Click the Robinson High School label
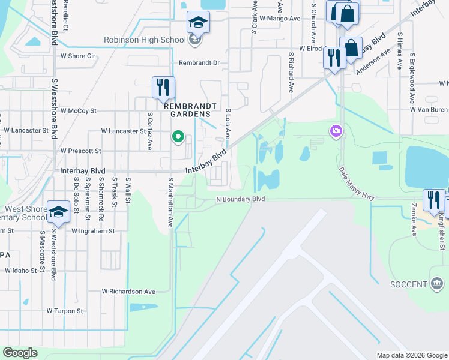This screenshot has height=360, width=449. tap(144, 40)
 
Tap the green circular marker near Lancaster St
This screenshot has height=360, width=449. tap(178, 137)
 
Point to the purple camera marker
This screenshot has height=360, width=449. tap(335, 130)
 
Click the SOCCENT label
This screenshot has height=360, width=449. tap(408, 284)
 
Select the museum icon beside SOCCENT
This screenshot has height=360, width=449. tap(436, 283)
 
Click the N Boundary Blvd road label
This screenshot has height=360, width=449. tap(241, 199)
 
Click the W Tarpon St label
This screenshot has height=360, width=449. tap(65, 311)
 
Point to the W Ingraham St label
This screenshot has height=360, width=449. tap(92, 230)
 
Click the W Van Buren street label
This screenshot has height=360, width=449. tap(429, 110)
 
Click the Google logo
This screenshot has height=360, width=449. tap(20, 353)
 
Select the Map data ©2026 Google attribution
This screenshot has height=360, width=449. tap(412, 355)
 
